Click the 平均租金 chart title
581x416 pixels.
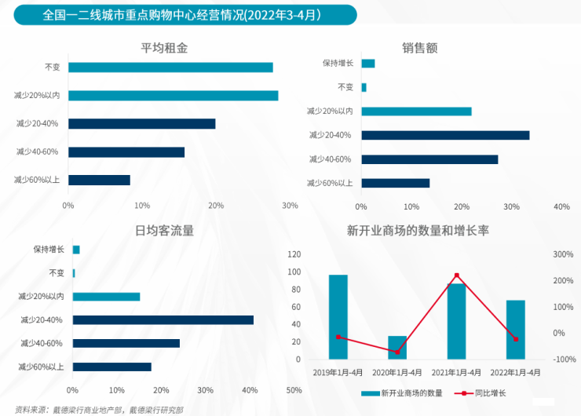point(163,48)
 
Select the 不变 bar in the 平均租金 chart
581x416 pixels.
point(170,68)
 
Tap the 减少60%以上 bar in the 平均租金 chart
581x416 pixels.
point(99,180)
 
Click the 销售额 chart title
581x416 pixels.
point(419,48)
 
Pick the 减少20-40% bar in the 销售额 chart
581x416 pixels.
point(445,135)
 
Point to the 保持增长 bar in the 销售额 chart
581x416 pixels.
point(368,64)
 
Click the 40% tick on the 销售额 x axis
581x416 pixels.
point(561,207)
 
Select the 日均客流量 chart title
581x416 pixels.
point(164,231)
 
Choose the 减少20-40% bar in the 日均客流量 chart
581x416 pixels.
point(163,320)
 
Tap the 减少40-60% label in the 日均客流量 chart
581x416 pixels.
point(42,343)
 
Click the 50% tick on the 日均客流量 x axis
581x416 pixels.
point(294,390)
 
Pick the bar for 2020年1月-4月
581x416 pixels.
point(397,347)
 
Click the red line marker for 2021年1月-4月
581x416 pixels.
point(457,276)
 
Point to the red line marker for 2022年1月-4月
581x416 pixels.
point(516,339)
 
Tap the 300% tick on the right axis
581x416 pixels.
point(564,254)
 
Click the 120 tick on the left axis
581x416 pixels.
point(294,254)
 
